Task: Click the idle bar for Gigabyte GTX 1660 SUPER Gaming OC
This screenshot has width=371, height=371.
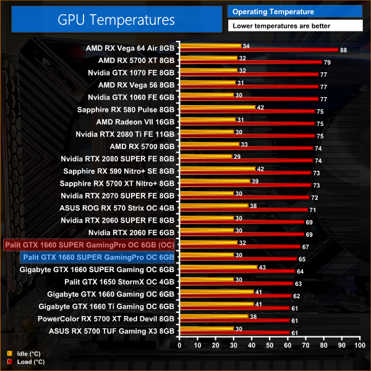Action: (217, 267)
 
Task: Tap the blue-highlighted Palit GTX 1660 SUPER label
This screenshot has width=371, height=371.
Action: (99, 257)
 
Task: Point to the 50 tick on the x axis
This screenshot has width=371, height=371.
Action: (269, 346)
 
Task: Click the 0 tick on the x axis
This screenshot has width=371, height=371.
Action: (179, 346)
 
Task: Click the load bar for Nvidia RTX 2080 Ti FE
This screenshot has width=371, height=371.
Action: (246, 136)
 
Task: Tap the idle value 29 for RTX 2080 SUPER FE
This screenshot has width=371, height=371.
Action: (237, 156)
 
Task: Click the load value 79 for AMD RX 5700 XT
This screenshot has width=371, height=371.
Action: (326, 62)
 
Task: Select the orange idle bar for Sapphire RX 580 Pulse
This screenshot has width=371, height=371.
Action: (216, 108)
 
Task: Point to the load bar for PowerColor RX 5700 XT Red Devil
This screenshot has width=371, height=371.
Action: (234, 321)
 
